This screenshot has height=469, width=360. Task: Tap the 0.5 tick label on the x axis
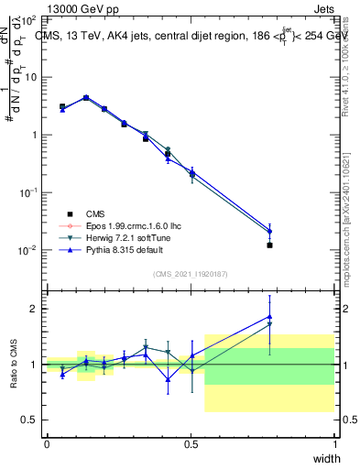point(191,445)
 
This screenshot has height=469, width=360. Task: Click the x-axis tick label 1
point(335,445)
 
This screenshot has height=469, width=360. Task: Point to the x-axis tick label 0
point(47,445)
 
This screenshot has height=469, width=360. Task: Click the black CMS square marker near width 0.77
point(269,245)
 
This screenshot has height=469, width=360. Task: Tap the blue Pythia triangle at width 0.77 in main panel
point(269,231)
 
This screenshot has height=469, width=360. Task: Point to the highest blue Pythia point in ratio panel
point(269,316)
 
